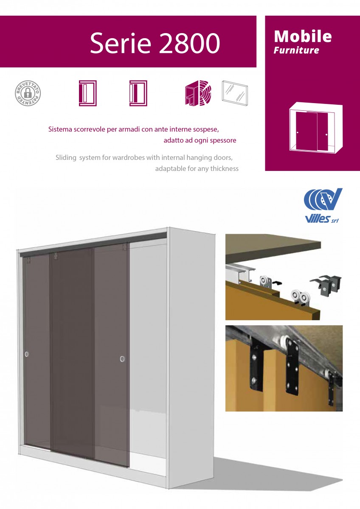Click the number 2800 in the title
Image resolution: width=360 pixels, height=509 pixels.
click(x=190, y=43)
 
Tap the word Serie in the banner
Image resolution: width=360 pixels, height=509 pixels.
click(x=121, y=43)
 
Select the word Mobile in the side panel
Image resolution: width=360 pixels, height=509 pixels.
click(x=303, y=36)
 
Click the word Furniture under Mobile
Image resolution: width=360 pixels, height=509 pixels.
click(x=296, y=50)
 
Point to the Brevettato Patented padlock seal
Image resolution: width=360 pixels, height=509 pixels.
click(x=28, y=93)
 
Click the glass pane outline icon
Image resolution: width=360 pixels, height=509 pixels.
click(x=235, y=93)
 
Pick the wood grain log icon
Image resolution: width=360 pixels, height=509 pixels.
click(x=198, y=93)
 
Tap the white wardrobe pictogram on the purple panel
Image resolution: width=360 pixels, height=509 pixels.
click(x=316, y=128)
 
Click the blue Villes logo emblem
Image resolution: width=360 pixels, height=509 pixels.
click(x=323, y=199)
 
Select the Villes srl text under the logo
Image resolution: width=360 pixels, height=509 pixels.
click(x=321, y=219)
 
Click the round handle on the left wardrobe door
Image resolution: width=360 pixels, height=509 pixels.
click(x=27, y=354)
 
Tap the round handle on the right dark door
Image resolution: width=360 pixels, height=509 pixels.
click(x=122, y=359)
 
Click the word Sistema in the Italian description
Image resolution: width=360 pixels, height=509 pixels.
click(x=60, y=129)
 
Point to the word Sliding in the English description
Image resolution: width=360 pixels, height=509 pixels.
click(x=66, y=157)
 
